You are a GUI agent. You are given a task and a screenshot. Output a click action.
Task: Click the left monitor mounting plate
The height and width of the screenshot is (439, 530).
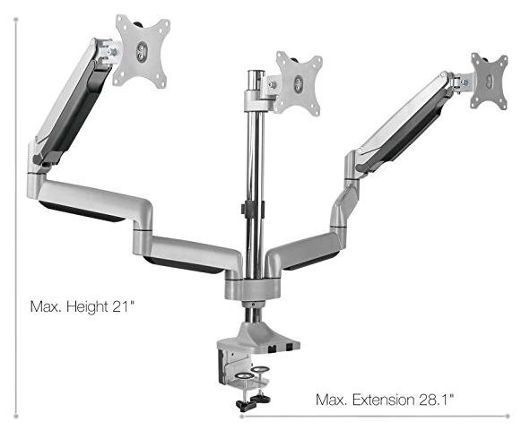(142, 51)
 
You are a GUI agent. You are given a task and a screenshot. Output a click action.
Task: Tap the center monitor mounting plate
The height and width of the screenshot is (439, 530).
(298, 82)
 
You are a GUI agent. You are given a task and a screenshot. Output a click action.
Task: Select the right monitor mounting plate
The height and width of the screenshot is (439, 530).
(490, 81)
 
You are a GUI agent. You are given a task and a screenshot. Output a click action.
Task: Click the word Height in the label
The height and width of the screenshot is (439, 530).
(87, 306)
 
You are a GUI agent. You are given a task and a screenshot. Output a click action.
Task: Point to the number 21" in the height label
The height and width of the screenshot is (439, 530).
(124, 306)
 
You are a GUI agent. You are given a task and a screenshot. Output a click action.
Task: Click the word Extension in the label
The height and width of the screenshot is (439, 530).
(383, 400)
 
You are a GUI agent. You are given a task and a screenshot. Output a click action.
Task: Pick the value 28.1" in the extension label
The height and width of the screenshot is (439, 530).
(437, 400)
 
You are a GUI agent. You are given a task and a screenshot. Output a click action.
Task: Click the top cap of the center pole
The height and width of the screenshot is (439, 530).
(256, 73)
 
